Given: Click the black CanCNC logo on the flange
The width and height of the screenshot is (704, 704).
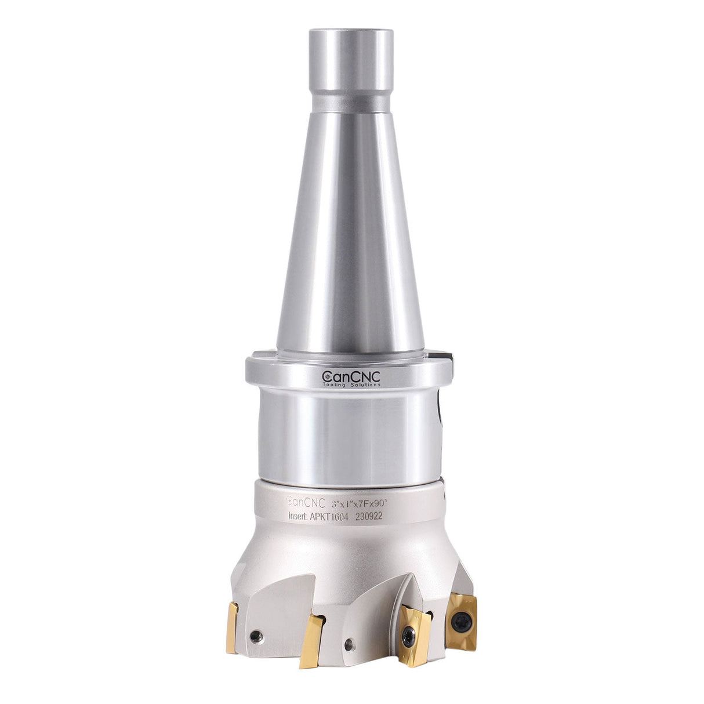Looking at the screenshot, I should [x=351, y=377].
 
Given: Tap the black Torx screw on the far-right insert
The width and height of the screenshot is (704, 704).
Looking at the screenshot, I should [x=462, y=622].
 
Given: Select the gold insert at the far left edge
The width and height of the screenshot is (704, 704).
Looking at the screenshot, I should [x=232, y=626].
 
